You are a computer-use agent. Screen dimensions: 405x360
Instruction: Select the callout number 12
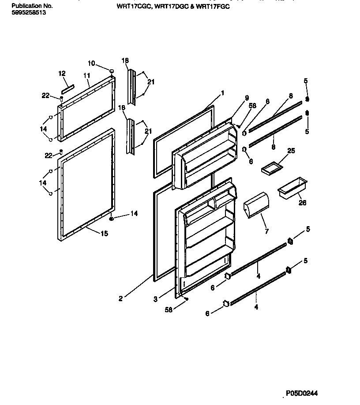[x=62, y=73]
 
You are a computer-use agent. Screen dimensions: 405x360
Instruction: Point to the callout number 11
[x=86, y=76]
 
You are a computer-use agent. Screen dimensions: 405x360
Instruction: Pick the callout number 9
[x=247, y=98]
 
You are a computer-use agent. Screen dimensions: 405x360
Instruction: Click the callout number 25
[x=291, y=151]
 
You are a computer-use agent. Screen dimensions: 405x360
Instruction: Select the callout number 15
[x=104, y=233]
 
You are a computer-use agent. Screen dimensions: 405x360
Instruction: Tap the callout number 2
[x=120, y=298]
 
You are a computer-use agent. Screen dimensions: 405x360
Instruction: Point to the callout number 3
[x=155, y=299]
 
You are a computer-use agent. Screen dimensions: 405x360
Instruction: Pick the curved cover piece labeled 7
[x=256, y=204]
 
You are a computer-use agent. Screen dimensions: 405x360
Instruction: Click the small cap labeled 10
[x=112, y=71]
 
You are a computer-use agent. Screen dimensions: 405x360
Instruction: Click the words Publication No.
[x=32, y=6]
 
